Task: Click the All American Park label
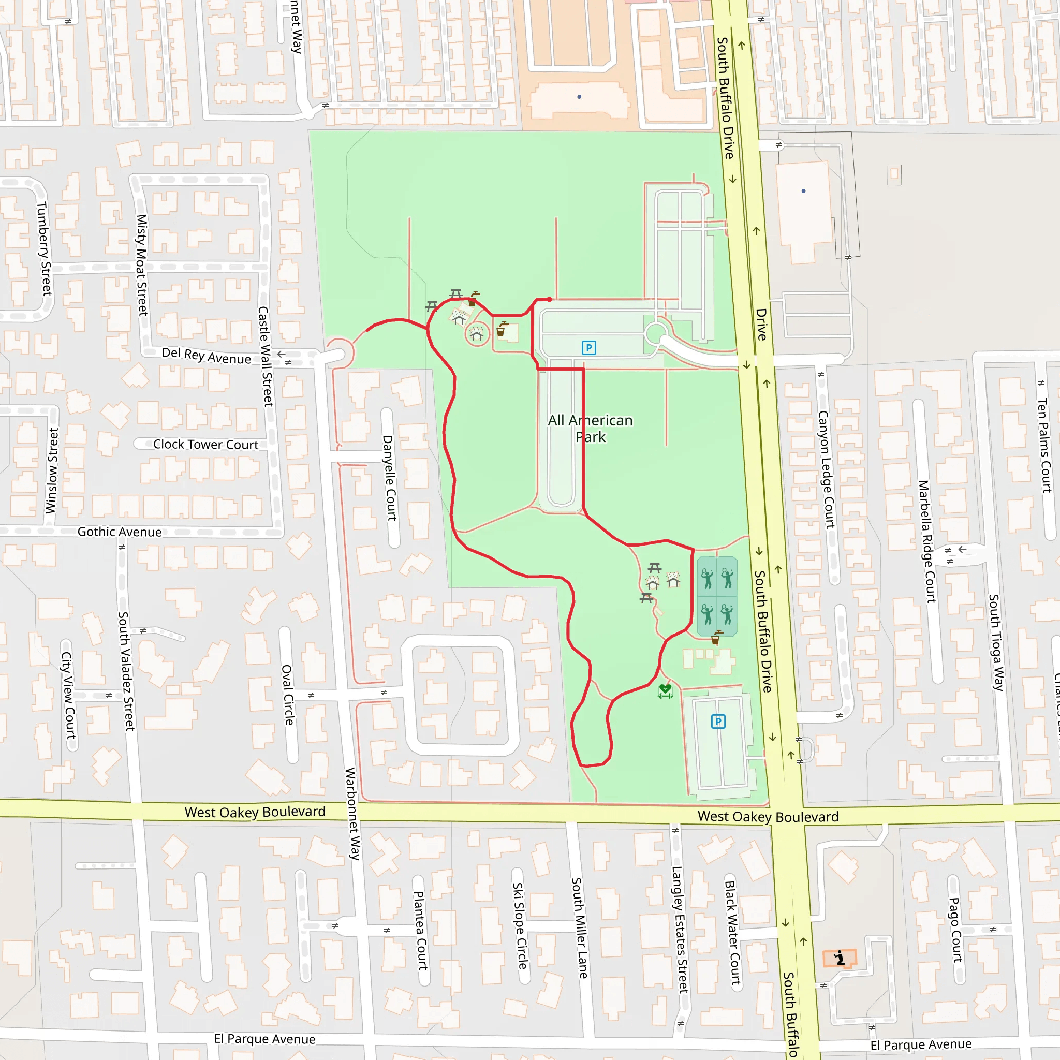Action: click(x=591, y=429)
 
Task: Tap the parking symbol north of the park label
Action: click(x=588, y=347)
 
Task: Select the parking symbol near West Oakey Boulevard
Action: click(x=718, y=722)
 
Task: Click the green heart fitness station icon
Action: click(x=665, y=691)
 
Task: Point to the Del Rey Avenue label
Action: click(x=207, y=356)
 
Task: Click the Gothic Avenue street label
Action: click(x=120, y=532)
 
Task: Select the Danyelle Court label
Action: click(x=390, y=478)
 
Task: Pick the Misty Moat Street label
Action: click(x=142, y=265)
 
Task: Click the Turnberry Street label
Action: click(x=44, y=248)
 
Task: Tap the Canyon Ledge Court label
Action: click(x=826, y=469)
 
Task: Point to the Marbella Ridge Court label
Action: click(x=926, y=541)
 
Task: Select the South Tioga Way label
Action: click(x=996, y=642)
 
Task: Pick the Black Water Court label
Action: click(x=732, y=932)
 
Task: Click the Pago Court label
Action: click(x=956, y=930)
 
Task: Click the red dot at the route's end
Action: click(x=549, y=300)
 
